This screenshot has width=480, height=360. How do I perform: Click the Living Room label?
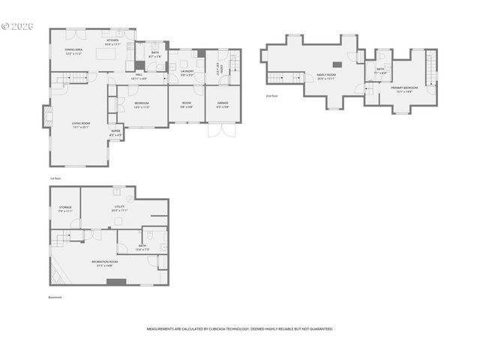(80, 125)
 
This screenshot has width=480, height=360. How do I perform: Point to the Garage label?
(223, 104)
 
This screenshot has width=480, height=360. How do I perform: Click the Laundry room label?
(187, 73)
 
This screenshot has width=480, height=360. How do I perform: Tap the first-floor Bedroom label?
(142, 104)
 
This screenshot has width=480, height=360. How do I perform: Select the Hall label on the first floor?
(139, 76)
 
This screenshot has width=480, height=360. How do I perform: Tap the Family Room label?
(325, 76)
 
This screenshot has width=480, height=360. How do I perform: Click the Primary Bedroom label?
(404, 89)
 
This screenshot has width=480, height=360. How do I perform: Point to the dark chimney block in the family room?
(337, 65)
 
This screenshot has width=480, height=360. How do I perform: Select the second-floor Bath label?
(380, 70)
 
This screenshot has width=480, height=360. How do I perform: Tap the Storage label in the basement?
(65, 209)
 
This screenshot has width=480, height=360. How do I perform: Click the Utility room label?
(119, 208)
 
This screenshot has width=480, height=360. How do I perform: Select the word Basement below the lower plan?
(55, 298)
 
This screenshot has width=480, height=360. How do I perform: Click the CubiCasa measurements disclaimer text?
(239, 328)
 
